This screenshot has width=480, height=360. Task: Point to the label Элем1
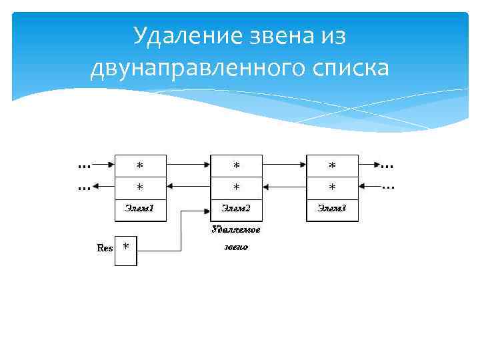139,209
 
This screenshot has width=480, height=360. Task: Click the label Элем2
235,209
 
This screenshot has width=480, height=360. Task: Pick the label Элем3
331,209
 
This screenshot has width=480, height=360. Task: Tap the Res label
105,248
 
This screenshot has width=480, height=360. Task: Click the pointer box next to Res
126,250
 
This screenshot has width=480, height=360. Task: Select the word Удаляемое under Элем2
235,229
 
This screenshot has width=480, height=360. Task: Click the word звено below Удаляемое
235,247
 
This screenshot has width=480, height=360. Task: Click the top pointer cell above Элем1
139,165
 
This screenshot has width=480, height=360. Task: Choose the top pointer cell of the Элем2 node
236,165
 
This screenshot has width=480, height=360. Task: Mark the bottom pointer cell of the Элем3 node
332,187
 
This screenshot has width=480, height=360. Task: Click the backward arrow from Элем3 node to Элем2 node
284,186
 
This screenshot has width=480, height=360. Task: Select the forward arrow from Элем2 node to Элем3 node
284,163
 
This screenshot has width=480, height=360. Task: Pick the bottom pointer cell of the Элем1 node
139,187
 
